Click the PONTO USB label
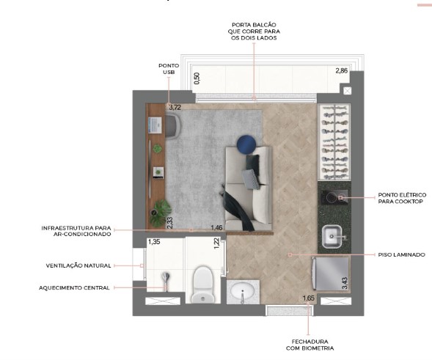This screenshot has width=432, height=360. click(168, 68)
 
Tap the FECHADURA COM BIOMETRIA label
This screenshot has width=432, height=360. click(308, 345)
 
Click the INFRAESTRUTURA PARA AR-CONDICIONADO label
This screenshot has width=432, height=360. click(76, 231)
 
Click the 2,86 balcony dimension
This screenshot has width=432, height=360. click(341, 71)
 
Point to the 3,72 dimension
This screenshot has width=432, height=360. click(175, 107)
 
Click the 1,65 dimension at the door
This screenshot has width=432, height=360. click(308, 298)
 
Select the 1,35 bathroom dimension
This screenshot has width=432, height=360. click(154, 241)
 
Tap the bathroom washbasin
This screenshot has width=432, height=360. click(243, 293)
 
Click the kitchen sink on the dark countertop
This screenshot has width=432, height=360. click(334, 236)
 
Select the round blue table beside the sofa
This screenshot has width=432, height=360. click(246, 144)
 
